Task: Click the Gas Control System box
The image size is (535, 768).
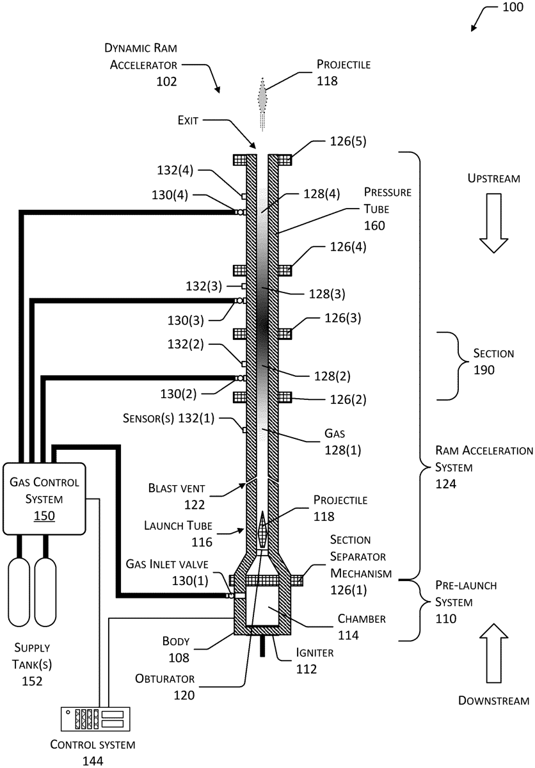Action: pos(44,499)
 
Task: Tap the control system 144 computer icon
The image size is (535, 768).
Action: pos(95,719)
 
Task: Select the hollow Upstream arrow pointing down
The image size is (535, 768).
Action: pos(493,223)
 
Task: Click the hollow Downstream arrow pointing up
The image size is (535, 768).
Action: pos(493,653)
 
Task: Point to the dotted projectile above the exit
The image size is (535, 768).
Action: pos(262,104)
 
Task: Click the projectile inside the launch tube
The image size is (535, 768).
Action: pos(262,530)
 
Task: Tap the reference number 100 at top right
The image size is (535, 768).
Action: pos(513,7)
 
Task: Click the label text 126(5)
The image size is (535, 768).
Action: pos(348,141)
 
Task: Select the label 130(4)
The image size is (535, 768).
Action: pos(170,195)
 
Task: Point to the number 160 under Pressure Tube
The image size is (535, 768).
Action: pos(374,225)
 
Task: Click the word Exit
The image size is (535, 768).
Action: pos(188,120)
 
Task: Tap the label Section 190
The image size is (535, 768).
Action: pos(493,362)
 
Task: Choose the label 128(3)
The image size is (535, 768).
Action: pos(327,294)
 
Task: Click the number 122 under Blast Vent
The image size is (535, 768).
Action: pos(195,505)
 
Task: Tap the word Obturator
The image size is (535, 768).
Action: pos(165,678)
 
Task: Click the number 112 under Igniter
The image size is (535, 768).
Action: pos(307,669)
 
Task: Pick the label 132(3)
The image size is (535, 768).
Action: pos(204,286)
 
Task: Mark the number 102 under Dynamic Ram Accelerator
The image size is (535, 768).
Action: pos(166,82)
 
